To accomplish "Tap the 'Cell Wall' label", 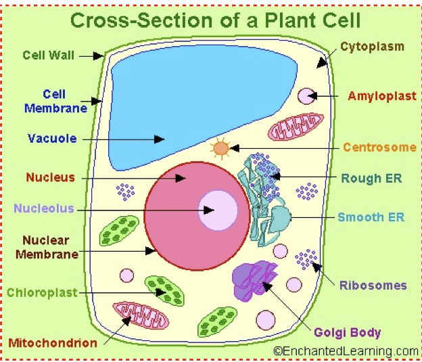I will click(x=48, y=55).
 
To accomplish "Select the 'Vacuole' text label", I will click(x=52, y=139).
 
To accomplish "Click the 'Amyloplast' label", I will click(x=382, y=96).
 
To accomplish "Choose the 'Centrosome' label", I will click(x=379, y=147).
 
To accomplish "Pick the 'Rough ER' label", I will click(x=371, y=179).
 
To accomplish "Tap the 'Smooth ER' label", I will click(x=371, y=217).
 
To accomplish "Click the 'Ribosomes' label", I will click(x=373, y=285).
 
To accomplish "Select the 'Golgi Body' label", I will click(x=347, y=332).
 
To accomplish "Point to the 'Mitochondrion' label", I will click(x=53, y=343).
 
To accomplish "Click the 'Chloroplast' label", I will click(x=42, y=293).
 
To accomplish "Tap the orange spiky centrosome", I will click(x=221, y=148).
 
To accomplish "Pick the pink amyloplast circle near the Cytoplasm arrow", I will click(x=307, y=96).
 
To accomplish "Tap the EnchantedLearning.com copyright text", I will click(x=346, y=351).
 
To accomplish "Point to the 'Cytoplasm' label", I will click(x=372, y=47).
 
